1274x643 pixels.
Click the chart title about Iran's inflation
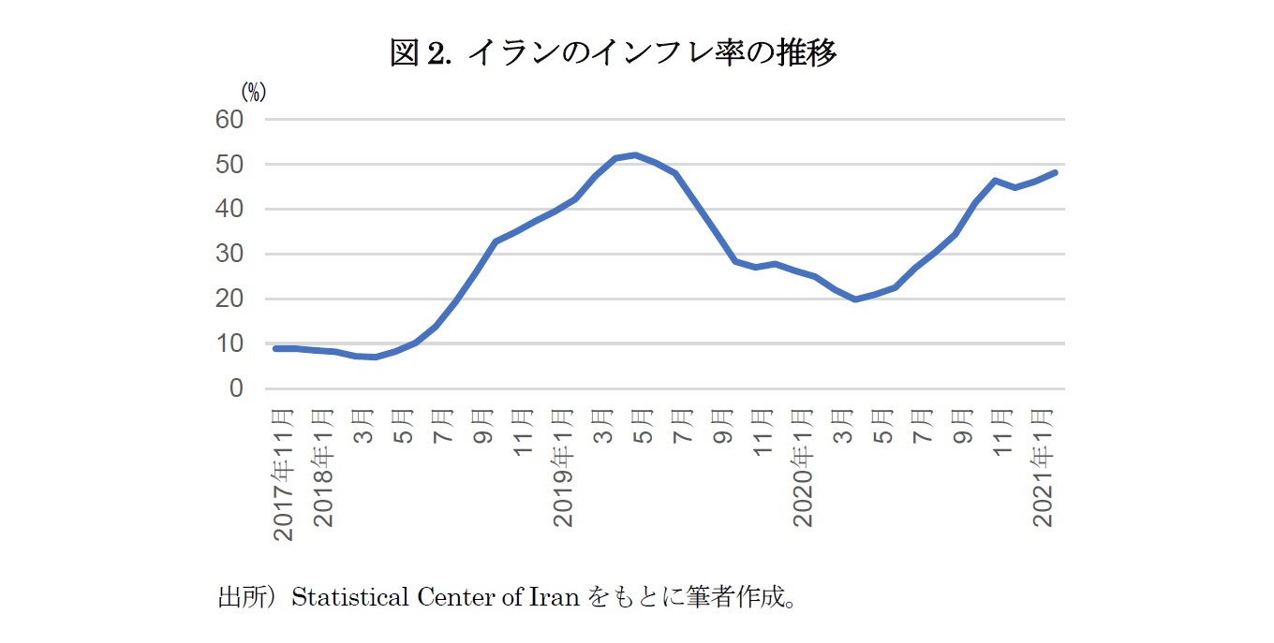tap(613, 53)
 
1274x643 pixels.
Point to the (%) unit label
tap(253, 92)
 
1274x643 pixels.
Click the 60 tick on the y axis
tap(230, 120)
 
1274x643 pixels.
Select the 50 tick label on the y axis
tap(230, 165)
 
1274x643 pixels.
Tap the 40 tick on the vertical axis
tap(230, 210)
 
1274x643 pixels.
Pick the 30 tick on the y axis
tap(230, 255)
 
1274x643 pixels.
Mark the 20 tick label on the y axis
tap(230, 300)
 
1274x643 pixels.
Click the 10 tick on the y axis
tap(230, 343)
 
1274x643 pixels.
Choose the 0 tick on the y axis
tap(236, 388)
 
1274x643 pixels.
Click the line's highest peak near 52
tap(635, 154)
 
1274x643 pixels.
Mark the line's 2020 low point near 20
tap(855, 300)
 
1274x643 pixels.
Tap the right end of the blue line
tap(1055, 172)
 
